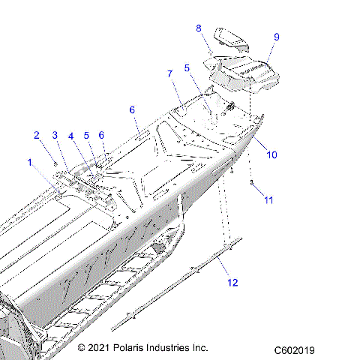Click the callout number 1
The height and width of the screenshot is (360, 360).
30,162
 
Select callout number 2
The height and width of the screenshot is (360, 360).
35,135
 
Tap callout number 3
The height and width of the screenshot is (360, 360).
54,135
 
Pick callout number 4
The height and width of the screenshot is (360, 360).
71,136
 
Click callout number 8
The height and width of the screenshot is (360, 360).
199,28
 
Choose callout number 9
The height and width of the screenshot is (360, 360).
277,37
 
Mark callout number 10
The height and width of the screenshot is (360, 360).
272,155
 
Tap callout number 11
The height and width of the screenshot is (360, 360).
268,200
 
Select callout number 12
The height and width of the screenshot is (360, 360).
232,283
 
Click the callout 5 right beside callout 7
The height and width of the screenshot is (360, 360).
187,67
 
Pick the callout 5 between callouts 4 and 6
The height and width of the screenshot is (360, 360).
86,136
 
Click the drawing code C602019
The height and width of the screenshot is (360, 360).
294,349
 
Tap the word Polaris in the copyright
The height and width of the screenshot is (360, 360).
132,349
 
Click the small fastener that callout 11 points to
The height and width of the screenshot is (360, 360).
252,183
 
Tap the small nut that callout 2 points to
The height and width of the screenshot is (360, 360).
55,160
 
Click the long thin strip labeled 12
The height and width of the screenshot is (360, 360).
180,285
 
